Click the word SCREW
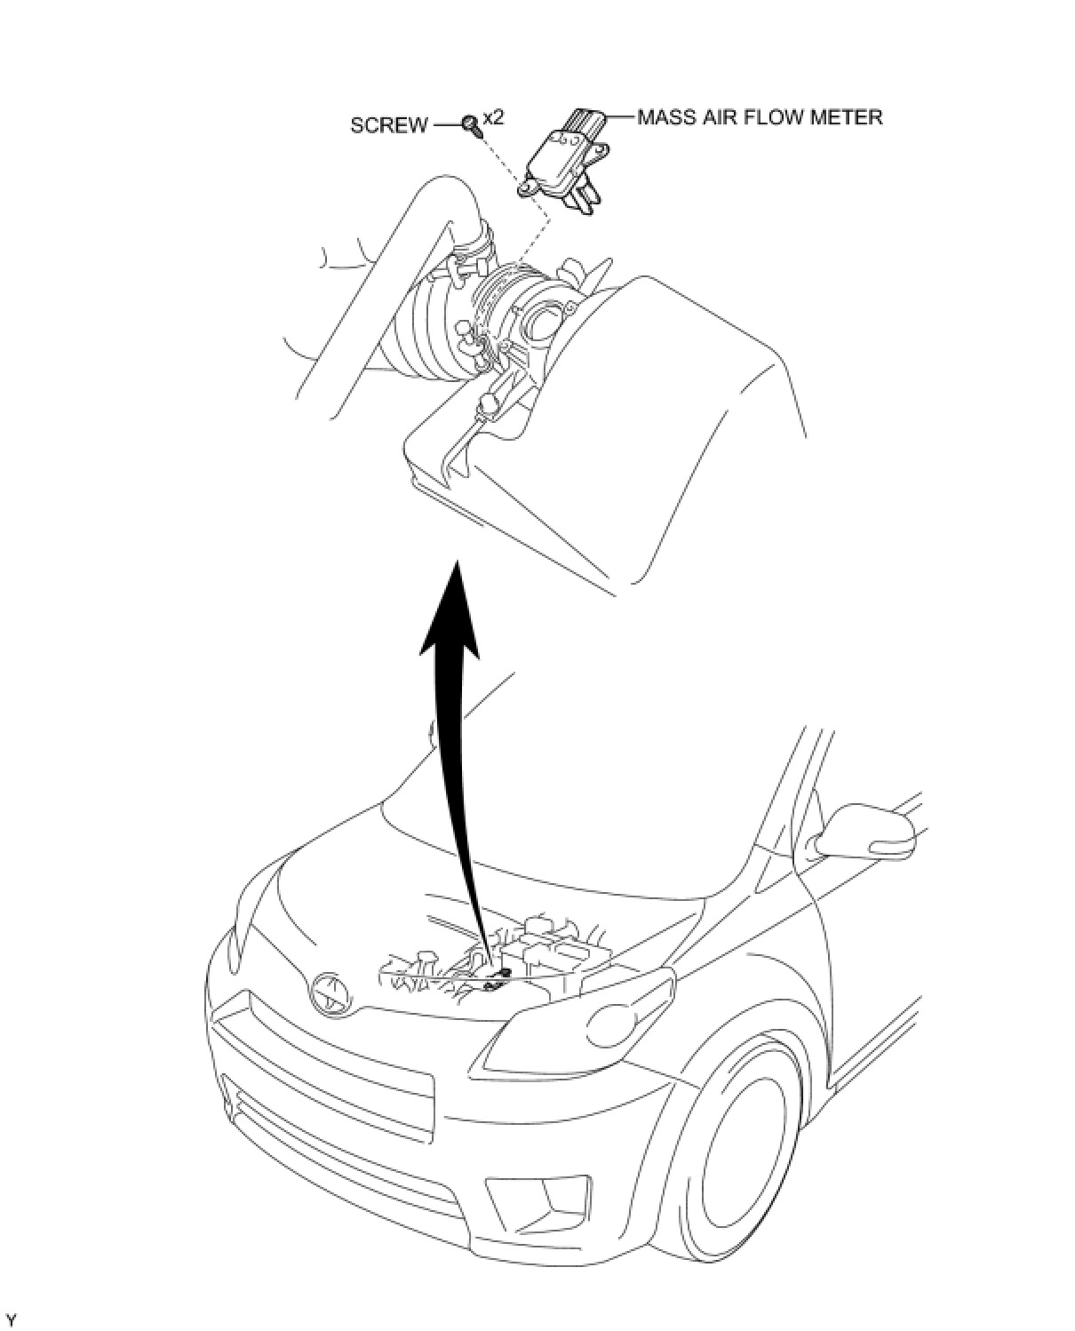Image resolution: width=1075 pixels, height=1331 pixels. pos(388,125)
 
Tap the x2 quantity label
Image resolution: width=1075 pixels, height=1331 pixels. pos(492,117)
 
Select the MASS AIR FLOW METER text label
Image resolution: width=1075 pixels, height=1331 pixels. pos(760,117)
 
